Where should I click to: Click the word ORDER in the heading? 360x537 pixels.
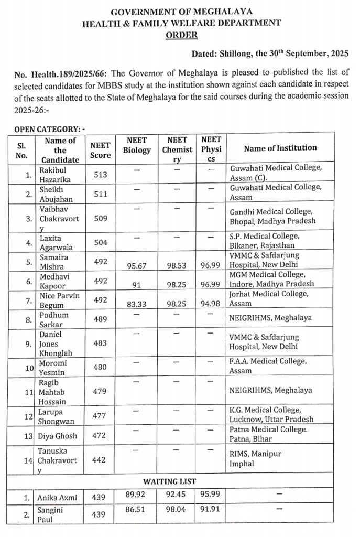(181, 35)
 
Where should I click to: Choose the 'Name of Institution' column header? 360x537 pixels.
(280, 148)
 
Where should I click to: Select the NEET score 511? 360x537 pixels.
(100, 194)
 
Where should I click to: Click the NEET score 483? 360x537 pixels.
(100, 343)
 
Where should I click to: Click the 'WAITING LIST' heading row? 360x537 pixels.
(170, 481)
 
